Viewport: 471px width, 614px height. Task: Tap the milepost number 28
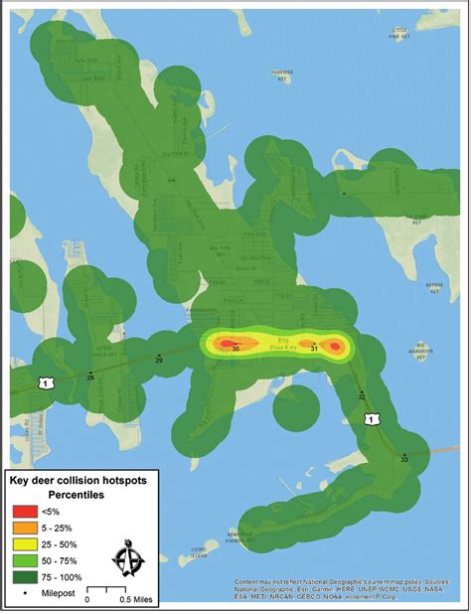click(90, 378)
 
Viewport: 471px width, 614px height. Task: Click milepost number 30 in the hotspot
click(235, 350)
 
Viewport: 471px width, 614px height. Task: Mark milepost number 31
click(315, 350)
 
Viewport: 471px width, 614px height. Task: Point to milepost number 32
click(362, 396)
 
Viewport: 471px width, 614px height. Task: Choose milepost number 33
click(404, 460)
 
